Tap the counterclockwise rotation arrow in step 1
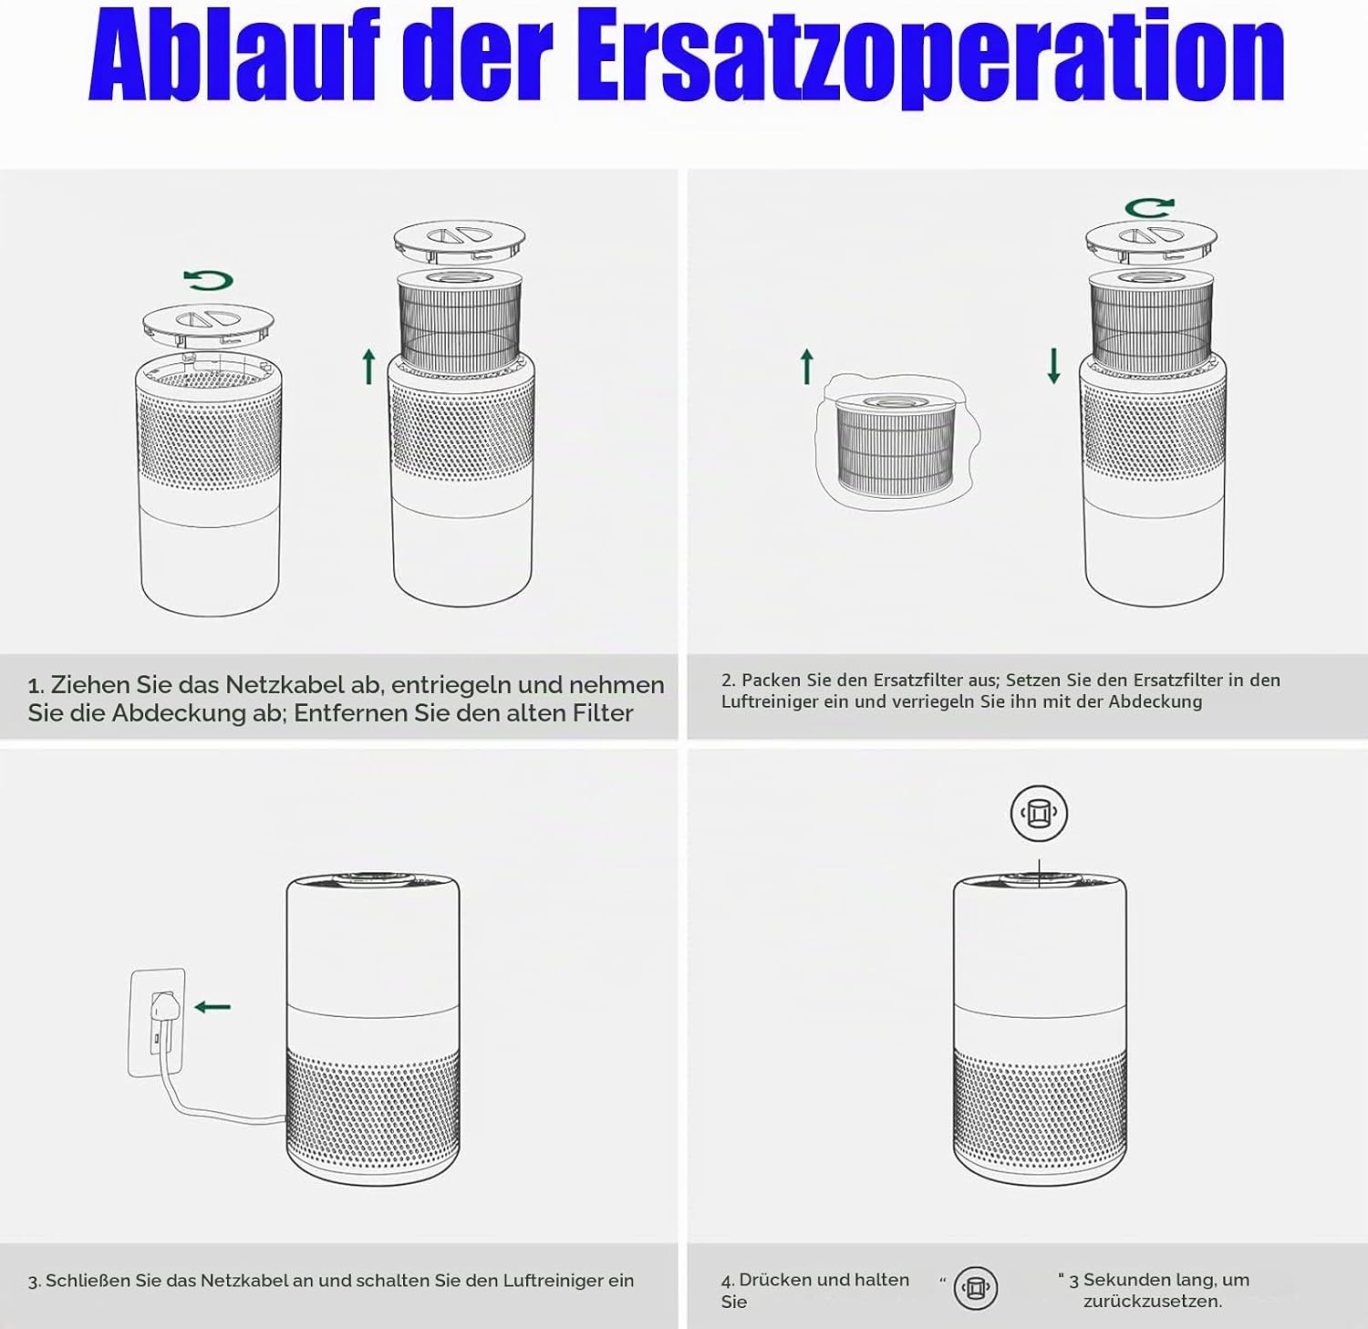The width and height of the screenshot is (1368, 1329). point(208,280)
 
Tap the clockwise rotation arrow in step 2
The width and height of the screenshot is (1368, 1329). point(1149,208)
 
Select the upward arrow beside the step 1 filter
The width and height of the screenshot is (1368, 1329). point(368,366)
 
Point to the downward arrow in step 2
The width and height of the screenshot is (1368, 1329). point(1053,366)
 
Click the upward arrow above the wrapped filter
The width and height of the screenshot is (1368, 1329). point(806,366)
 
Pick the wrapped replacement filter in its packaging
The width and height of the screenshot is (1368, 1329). point(896,441)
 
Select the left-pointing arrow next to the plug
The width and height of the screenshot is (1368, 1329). point(212,1007)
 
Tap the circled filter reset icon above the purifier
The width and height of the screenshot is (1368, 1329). point(1039,813)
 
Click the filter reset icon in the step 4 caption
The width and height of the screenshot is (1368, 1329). point(976,1288)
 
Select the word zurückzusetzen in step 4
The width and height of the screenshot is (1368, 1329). point(1153,1302)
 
